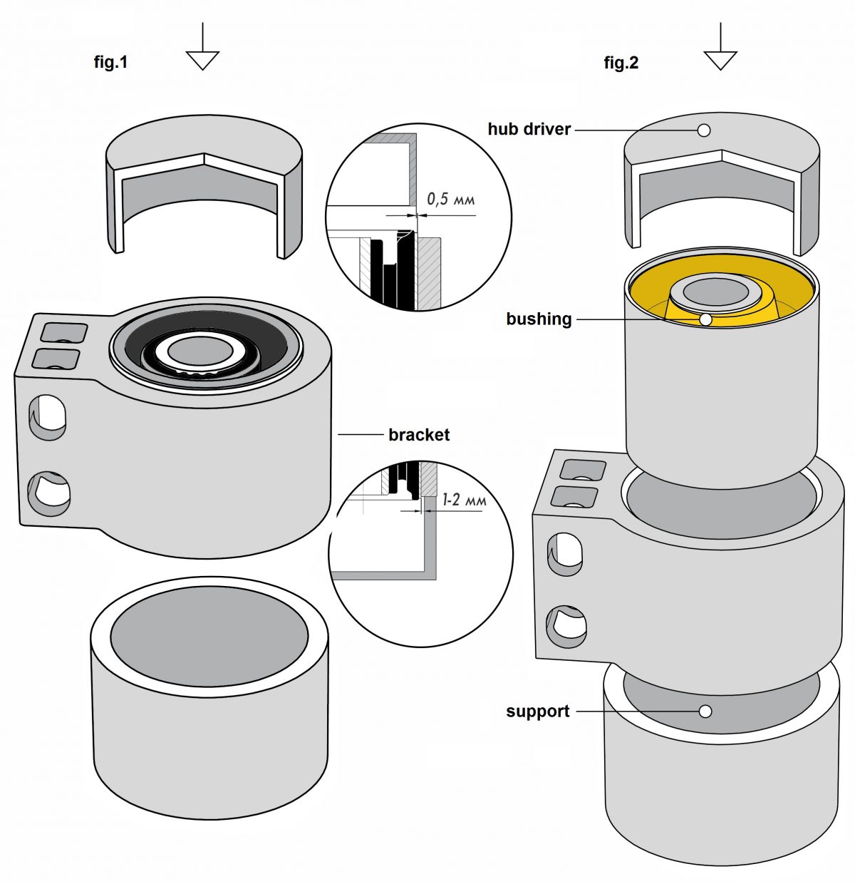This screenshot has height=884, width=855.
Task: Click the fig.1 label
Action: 110,62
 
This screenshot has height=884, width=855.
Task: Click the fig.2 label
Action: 621,63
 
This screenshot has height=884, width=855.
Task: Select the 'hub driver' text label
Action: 529,129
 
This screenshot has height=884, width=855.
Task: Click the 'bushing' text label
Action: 539,319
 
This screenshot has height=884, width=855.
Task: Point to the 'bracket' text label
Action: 419,435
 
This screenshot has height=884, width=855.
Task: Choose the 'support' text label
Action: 537,711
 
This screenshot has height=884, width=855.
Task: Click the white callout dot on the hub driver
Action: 704,130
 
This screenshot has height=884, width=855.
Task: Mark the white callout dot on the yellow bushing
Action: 705,319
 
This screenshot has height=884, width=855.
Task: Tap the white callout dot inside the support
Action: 705,711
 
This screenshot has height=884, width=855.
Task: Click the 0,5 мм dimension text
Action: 450,199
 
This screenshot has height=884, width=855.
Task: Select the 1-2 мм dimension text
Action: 464,500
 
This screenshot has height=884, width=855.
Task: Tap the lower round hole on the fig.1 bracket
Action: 49,493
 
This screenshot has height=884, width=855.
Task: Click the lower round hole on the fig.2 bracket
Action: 568,627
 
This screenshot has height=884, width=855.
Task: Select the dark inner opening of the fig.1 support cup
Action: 209,638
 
